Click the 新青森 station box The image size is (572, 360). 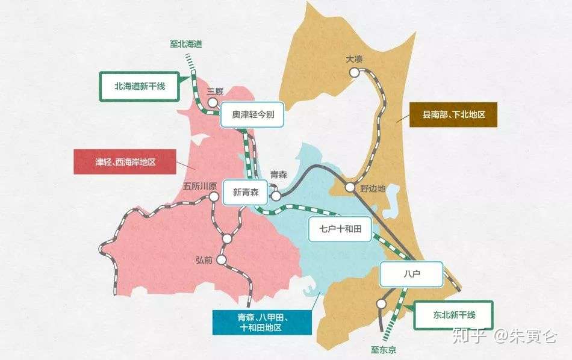[x=245, y=193]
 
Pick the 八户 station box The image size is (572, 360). [x=411, y=274]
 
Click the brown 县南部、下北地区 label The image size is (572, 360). [x=453, y=114]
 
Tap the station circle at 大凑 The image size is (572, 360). [x=354, y=72]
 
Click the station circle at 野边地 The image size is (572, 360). [x=350, y=187]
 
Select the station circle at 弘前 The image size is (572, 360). [x=222, y=260]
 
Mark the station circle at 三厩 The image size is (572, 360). [x=213, y=102]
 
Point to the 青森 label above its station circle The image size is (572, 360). [x=278, y=175]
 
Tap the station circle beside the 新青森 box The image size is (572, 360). [x=275, y=195]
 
